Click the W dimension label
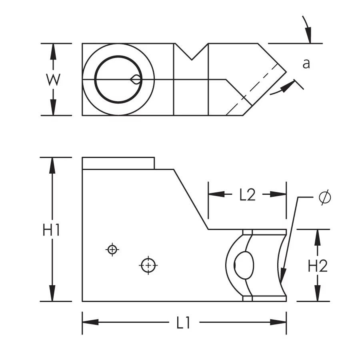(52, 80)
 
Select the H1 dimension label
(52, 231)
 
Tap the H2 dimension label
(318, 266)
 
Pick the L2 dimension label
(247, 195)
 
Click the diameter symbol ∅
(325, 198)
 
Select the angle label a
(306, 64)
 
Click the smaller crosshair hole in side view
(112, 250)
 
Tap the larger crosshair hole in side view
(149, 265)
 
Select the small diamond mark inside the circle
(136, 80)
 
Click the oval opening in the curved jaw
(244, 265)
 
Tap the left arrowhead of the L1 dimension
(86, 322)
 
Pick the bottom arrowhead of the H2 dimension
(318, 296)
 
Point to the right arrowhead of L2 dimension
(282, 194)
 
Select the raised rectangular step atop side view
(118, 163)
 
